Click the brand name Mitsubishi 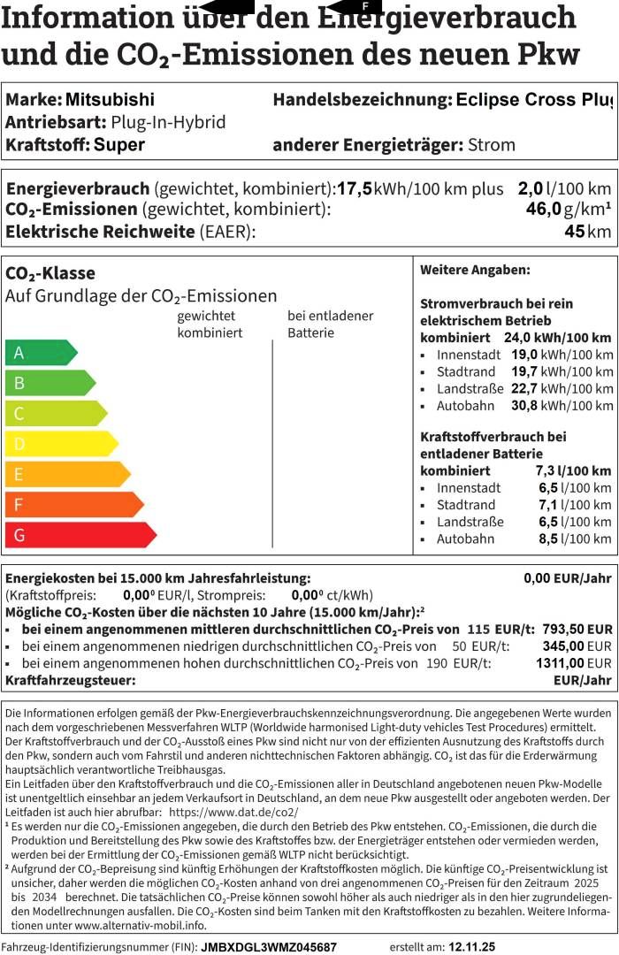click(110, 100)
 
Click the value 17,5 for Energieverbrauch click(355, 188)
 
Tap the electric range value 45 click(575, 232)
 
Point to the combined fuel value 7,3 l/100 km click(573, 470)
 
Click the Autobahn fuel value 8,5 click(575, 539)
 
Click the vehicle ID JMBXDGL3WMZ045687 click(269, 946)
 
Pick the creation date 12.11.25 click(472, 946)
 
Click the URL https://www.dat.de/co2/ click(233, 812)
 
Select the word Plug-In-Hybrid click(168, 122)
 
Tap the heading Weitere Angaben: click(475, 270)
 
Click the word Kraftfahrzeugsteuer click(71, 680)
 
